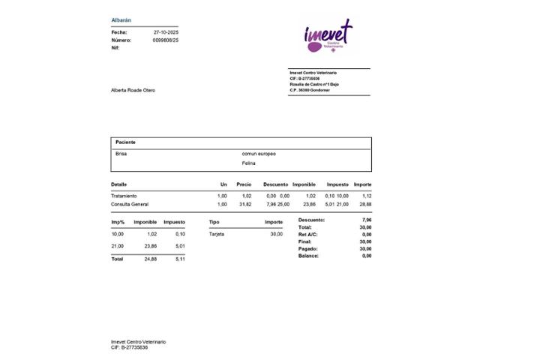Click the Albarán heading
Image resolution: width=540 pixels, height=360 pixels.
click(x=121, y=19)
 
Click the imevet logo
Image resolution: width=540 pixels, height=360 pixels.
click(x=328, y=35)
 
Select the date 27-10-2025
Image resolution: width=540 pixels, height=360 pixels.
click(x=166, y=32)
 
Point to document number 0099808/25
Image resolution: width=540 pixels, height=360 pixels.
click(x=166, y=40)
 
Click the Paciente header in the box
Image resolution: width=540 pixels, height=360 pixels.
click(x=125, y=142)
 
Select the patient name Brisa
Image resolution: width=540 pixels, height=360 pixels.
click(x=121, y=153)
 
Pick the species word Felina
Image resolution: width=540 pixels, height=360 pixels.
click(x=249, y=162)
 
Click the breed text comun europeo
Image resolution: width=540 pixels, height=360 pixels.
click(x=259, y=153)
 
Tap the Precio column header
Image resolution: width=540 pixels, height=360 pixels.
click(x=244, y=184)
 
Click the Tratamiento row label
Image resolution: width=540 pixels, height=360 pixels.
click(x=124, y=196)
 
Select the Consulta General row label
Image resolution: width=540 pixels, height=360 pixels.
click(x=130, y=204)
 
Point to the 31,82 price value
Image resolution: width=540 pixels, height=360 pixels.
click(x=244, y=204)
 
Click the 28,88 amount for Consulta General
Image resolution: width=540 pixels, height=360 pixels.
click(x=365, y=204)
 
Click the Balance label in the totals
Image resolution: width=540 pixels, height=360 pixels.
click(x=308, y=256)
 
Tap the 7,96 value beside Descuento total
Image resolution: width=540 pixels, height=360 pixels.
click(x=366, y=220)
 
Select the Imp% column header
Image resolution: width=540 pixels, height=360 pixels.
click(x=118, y=222)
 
